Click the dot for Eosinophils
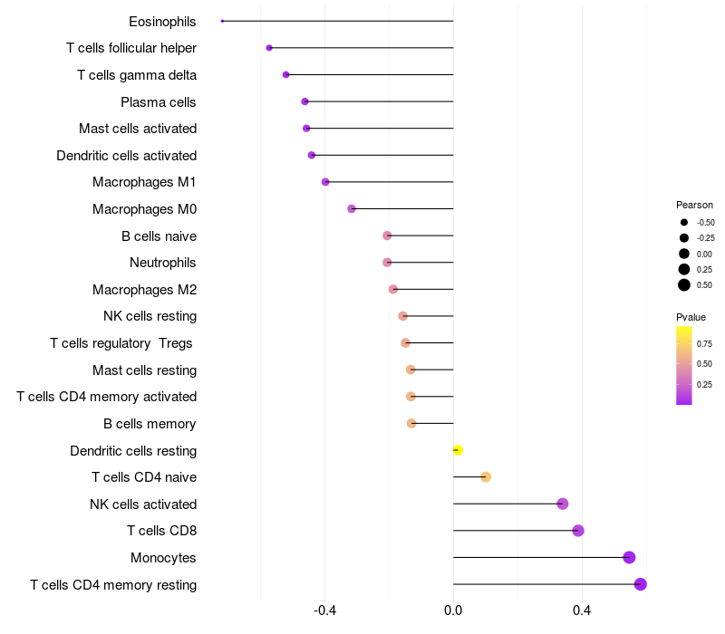222,21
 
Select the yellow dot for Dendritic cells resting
458,450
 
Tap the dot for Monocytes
629,558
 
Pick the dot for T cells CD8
578,531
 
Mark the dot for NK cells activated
562,504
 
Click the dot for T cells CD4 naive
486,477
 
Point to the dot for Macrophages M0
352,209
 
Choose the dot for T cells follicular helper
269,48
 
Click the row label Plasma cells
159,102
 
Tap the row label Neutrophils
163,263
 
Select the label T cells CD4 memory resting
113,585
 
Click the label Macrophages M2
144,290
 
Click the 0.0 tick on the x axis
453,611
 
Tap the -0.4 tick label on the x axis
324,611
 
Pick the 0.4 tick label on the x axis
581,611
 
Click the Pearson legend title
694,205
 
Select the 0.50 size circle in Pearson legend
684,285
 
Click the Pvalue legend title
691,317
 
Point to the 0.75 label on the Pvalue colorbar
704,343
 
